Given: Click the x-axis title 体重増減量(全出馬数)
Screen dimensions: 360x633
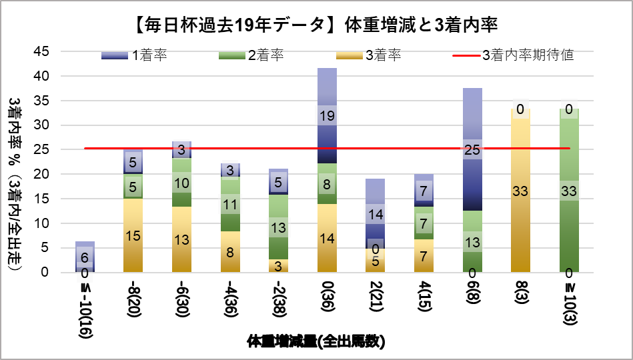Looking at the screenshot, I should [x=316, y=342].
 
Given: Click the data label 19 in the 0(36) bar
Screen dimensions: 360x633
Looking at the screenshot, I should [x=326, y=115].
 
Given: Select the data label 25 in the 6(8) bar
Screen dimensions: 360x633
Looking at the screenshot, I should [x=472, y=149].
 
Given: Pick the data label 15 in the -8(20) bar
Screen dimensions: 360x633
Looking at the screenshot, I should [x=133, y=235].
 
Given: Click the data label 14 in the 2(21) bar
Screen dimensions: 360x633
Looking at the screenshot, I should [x=375, y=215].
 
